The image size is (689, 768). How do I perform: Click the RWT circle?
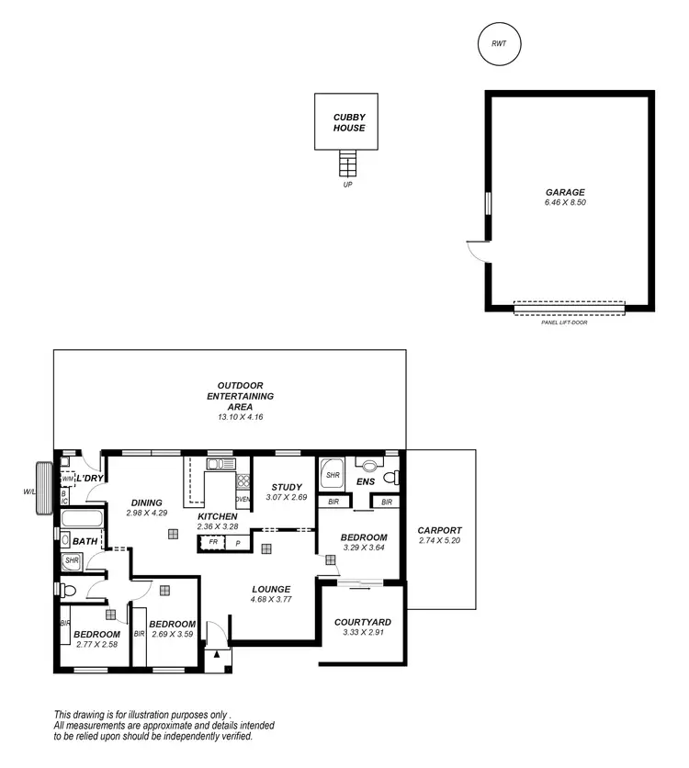point(499,44)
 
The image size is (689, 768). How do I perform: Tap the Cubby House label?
point(349,122)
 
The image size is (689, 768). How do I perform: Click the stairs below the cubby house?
point(347,164)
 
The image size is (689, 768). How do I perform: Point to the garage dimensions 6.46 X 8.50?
point(565,203)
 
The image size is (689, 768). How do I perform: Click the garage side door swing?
point(478,248)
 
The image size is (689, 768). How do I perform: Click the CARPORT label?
point(440,530)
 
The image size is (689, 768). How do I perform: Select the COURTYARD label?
point(362,622)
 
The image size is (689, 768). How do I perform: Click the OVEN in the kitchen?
point(243,499)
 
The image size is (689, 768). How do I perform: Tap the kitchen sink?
point(216,464)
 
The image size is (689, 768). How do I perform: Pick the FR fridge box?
point(213,543)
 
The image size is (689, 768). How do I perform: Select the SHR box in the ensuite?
point(333,476)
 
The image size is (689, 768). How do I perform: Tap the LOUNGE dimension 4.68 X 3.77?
point(271,600)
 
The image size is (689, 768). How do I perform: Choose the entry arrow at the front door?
point(216,654)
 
